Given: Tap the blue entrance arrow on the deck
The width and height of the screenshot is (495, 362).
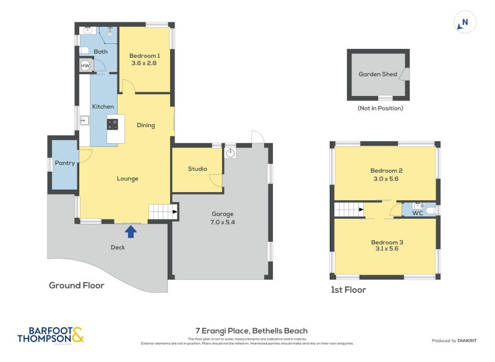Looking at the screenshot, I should [131, 231].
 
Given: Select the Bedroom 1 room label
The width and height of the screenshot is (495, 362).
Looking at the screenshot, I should [144, 59].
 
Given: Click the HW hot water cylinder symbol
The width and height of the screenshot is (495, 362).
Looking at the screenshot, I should [85, 66].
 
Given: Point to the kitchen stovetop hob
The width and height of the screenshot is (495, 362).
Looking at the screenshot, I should [113, 123].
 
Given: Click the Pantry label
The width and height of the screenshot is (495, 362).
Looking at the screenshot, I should [64, 164].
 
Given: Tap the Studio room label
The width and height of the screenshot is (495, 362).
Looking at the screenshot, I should [197, 169].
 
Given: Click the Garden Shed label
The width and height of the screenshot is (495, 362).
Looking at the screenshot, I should [377, 74].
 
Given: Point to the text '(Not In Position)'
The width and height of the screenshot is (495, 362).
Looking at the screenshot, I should [380, 108].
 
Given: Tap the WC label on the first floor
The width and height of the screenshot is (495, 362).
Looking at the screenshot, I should [417, 213].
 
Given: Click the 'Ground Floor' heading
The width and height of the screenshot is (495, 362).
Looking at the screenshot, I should [76, 285].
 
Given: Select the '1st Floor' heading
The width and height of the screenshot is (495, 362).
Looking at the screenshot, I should [348, 289].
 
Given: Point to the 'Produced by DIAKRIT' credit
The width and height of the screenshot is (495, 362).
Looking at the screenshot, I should [457, 341].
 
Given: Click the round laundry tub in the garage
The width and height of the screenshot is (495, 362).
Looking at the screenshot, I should [231, 152].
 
